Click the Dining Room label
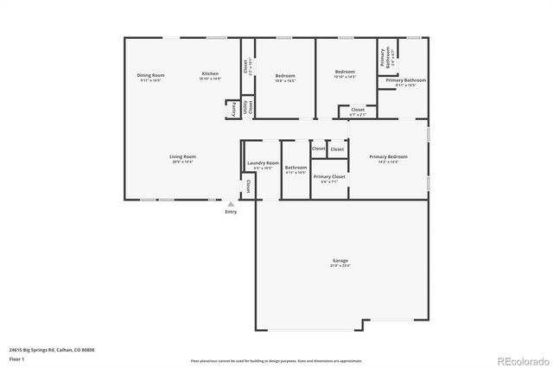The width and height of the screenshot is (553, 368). (150, 75)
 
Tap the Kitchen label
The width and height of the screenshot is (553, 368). (210, 74)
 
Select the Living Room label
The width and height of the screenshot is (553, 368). (182, 156)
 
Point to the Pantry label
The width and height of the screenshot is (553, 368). (232, 110)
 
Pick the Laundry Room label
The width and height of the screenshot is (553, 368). (262, 162)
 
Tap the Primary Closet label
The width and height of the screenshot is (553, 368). (329, 176)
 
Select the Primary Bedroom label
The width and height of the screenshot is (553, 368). (388, 156)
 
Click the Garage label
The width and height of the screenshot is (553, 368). (340, 261)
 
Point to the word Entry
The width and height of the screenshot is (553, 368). (231, 212)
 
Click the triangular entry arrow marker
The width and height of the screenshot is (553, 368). (231, 204)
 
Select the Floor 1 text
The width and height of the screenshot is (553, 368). (17, 358)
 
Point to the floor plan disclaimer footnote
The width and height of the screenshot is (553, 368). (276, 359)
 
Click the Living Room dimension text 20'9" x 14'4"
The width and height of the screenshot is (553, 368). (182, 162)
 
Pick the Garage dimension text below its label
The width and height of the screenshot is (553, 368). (340, 266)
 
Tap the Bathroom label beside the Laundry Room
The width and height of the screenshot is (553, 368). (296, 168)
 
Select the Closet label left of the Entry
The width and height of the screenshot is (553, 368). (248, 186)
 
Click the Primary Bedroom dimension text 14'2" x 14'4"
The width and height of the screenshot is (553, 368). (388, 162)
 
